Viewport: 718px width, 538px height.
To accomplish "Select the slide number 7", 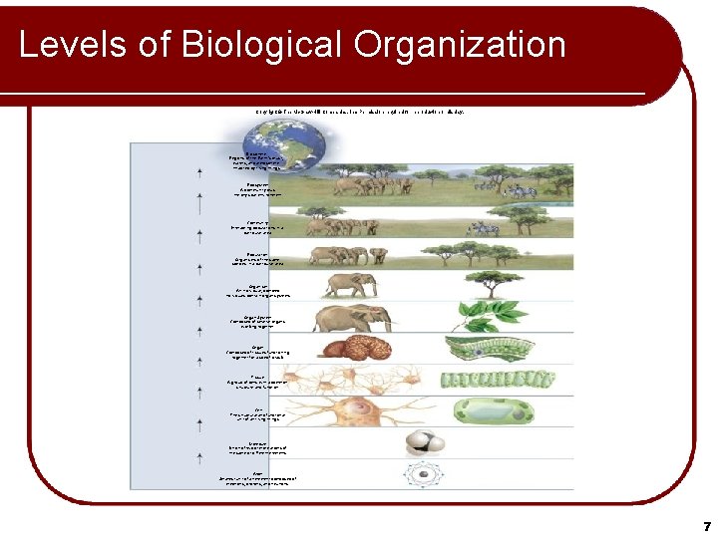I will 706,525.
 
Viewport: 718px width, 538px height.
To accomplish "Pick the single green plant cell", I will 494,411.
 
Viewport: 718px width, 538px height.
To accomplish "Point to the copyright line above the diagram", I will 358,111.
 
